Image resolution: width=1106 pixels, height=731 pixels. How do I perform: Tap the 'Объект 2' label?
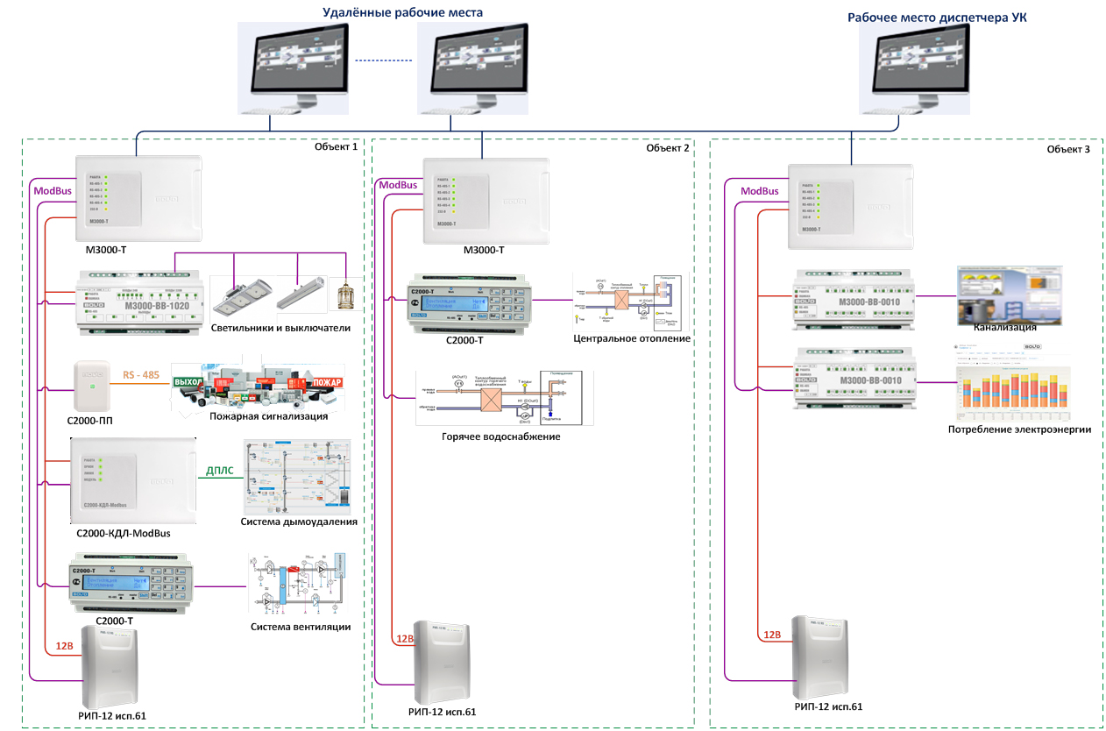tap(668, 148)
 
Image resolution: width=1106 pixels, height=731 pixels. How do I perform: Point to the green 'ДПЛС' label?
tap(220, 472)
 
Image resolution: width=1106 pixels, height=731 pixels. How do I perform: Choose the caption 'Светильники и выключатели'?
tap(280, 329)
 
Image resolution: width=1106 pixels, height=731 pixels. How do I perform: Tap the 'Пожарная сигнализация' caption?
tap(268, 416)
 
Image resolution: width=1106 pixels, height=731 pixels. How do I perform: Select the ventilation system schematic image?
tap(299, 584)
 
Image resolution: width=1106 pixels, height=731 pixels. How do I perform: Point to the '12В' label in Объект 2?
tap(405, 639)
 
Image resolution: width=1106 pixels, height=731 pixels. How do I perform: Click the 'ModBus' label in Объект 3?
tap(759, 191)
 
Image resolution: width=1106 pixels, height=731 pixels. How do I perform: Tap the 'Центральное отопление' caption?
tap(631, 339)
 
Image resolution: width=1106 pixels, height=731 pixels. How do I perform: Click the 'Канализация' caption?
tap(1005, 327)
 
